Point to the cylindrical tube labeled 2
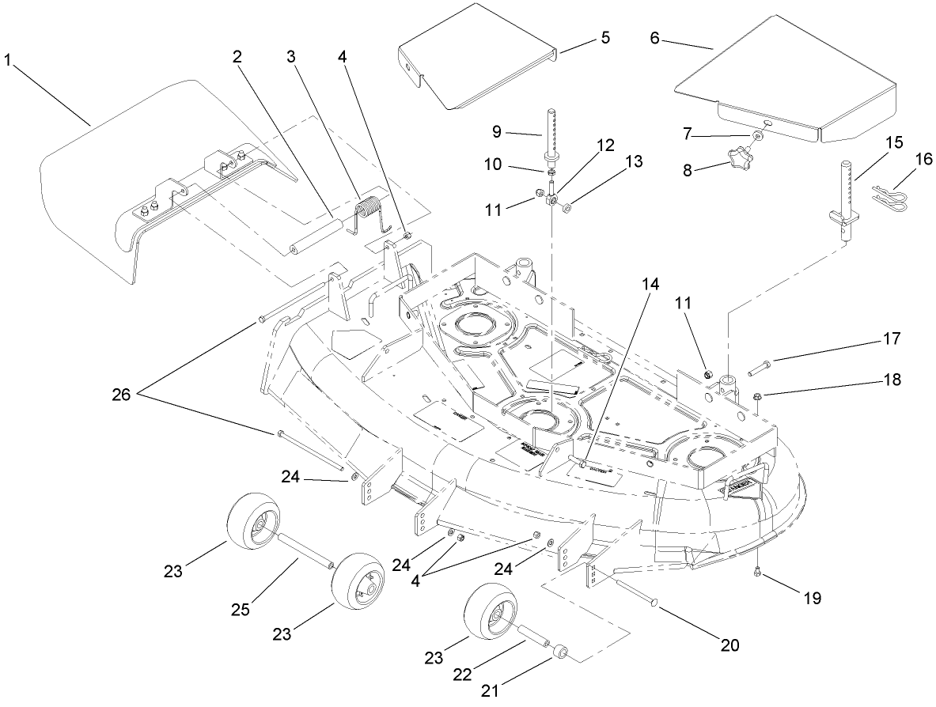point(316,235)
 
